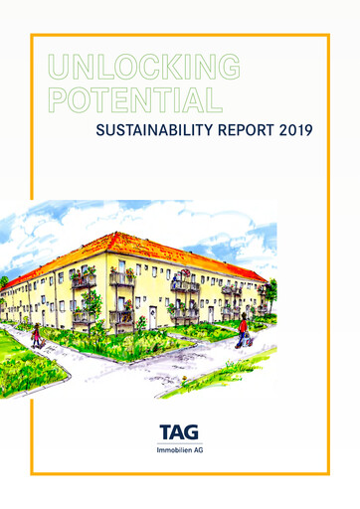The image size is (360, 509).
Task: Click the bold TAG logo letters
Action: (x=180, y=433)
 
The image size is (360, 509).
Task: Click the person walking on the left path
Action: (x=38, y=334)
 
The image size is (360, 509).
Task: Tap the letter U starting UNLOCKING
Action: (x=57, y=68)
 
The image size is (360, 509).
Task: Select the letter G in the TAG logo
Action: (x=195, y=433)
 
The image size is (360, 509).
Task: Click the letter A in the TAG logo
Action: (x=179, y=433)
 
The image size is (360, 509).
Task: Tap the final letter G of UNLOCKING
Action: (x=229, y=68)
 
